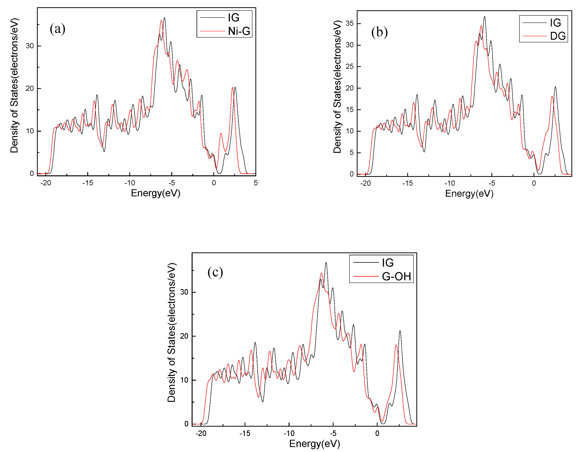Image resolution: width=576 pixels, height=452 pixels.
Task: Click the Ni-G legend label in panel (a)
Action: [239, 31]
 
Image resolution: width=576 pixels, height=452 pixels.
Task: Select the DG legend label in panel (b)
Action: [558, 36]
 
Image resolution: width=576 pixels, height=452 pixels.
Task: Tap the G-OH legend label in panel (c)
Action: [396, 276]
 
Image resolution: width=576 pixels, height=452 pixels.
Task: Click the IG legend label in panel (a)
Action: [234, 18]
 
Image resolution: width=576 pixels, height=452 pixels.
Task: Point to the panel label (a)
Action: [57, 29]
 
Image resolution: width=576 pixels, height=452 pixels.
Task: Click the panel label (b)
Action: [379, 32]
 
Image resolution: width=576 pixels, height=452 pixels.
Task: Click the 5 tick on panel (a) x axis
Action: [255, 183]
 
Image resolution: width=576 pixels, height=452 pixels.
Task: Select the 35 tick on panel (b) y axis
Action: [349, 23]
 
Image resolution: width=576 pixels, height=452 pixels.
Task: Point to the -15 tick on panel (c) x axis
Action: [245, 433]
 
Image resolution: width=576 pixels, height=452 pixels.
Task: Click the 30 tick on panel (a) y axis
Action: [30, 46]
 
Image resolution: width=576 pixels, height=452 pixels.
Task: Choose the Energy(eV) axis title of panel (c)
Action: [314, 444]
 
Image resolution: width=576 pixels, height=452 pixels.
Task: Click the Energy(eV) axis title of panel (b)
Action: [469, 193]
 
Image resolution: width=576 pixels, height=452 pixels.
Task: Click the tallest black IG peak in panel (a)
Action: [164, 18]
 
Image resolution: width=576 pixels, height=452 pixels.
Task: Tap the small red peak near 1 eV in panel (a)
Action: [221, 134]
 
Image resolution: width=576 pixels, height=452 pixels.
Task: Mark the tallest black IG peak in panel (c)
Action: [326, 263]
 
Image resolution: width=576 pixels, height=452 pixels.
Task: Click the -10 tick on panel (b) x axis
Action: [450, 183]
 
